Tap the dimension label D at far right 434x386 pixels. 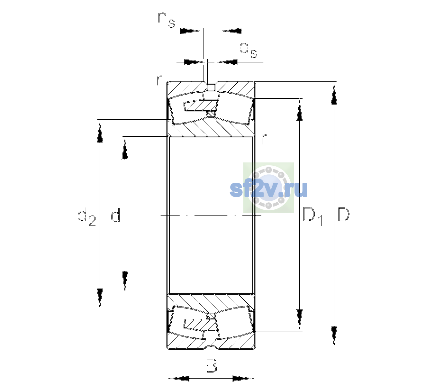(343, 214)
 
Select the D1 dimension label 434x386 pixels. (313, 216)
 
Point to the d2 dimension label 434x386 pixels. (86, 217)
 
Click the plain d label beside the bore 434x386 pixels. (115, 214)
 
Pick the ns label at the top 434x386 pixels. (166, 20)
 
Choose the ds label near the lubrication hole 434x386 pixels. (248, 50)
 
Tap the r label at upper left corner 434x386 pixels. (159, 80)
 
